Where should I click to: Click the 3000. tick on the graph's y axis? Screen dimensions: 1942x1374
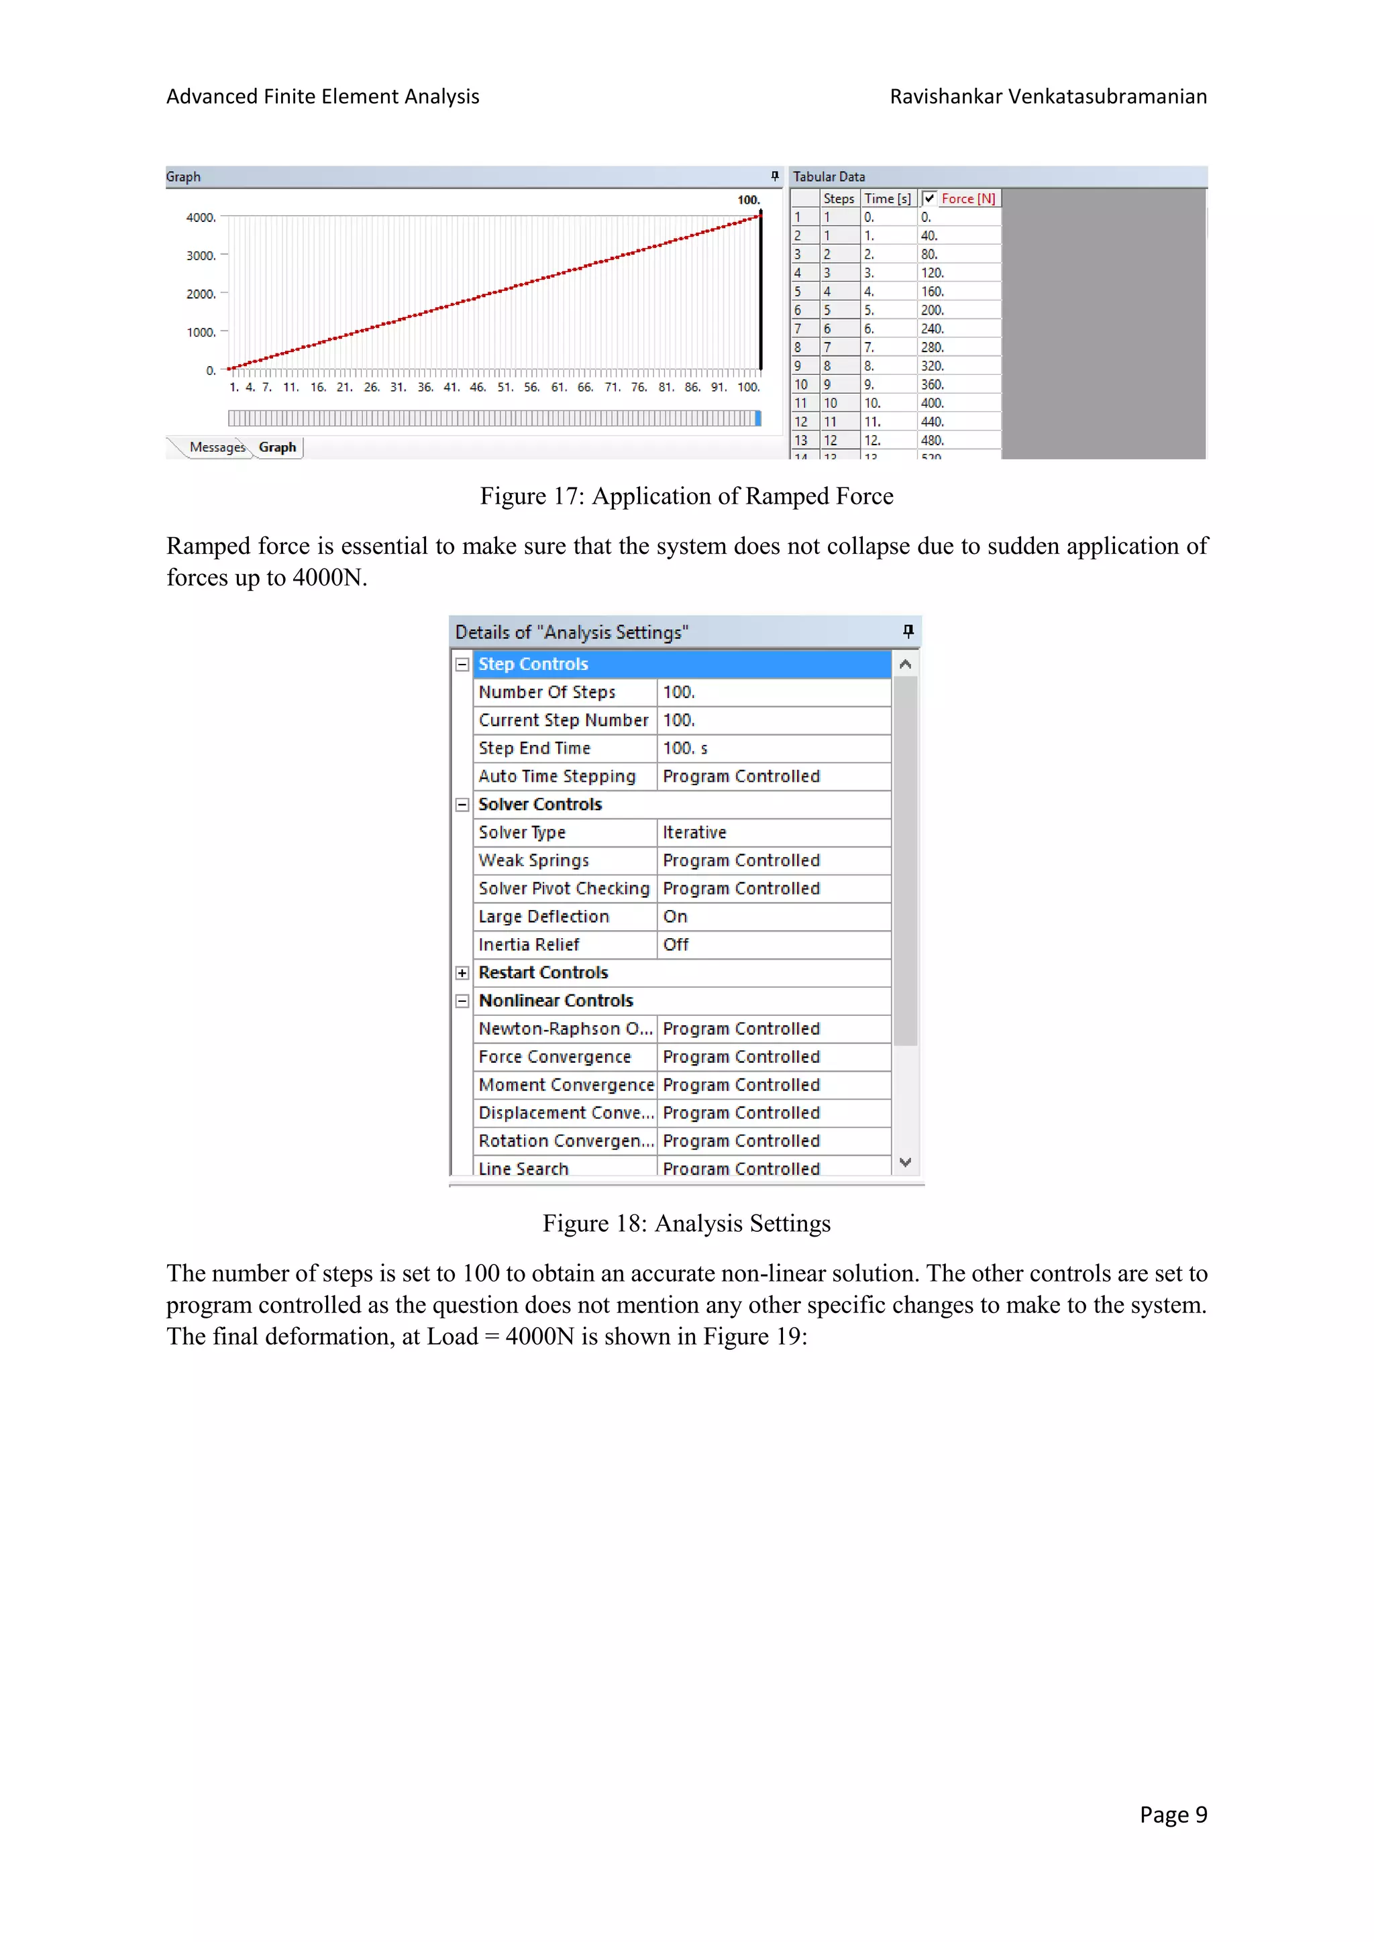tap(201, 255)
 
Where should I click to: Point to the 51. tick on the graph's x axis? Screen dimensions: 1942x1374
tap(505, 388)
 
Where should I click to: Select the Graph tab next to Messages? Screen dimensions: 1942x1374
tap(278, 447)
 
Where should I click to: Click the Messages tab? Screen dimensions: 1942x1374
tap(217, 447)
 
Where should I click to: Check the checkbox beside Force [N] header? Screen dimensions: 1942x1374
tap(929, 198)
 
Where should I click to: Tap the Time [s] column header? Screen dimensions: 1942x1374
tap(888, 198)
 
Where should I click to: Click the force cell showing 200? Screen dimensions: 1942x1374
tap(933, 310)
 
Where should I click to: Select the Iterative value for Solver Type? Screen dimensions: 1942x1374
tap(694, 832)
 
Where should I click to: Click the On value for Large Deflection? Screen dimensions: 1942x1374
tap(675, 917)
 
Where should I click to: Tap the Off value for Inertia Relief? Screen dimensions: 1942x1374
tap(676, 945)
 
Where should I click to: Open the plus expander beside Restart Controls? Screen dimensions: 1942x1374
tap(462, 973)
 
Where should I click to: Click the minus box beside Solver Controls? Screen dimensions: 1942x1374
tap(462, 805)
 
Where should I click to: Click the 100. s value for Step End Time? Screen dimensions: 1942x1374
tap(685, 748)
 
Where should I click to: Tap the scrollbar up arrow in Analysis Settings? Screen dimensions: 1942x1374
tap(905, 664)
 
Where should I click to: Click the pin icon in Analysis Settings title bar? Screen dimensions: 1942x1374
tap(908, 631)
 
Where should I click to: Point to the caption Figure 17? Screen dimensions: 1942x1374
tap(686, 496)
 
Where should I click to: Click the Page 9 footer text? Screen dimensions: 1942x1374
tap(1173, 1815)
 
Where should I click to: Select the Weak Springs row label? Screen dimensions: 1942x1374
tap(534, 861)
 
